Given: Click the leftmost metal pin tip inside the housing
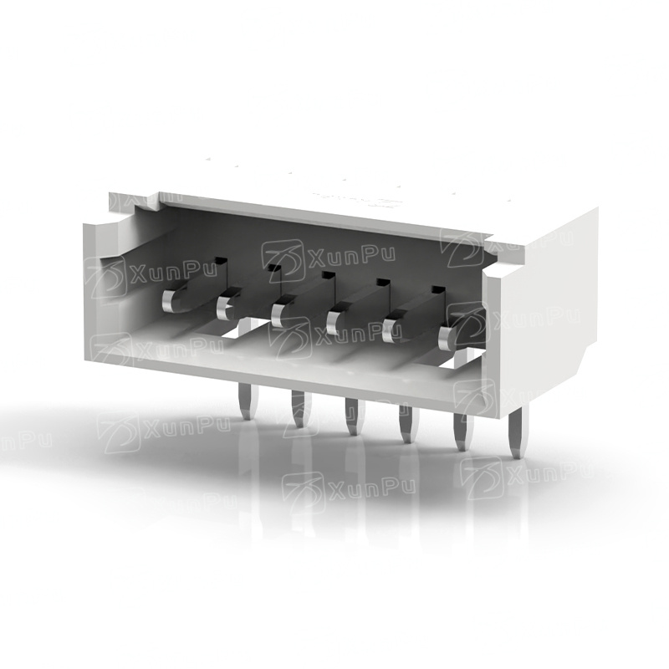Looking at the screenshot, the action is click(169, 302).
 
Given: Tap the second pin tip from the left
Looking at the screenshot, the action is click(223, 307).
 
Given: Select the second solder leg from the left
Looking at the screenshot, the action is click(300, 409).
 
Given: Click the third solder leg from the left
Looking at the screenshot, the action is click(355, 416).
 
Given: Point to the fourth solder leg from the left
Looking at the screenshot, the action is click(408, 424).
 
